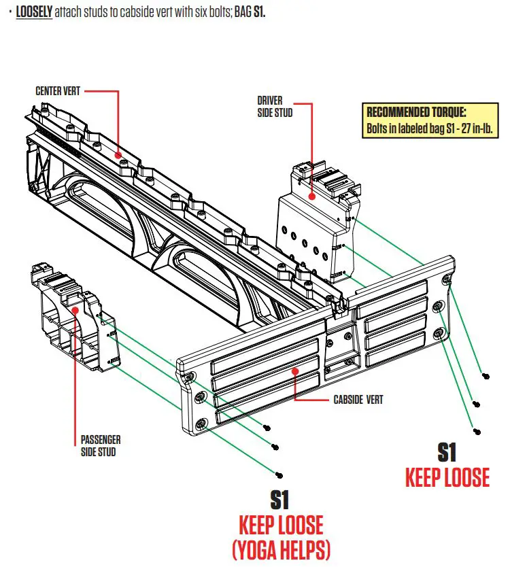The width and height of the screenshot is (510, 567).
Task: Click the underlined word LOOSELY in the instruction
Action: coord(35,13)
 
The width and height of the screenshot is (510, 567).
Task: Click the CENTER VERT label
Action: coord(58,90)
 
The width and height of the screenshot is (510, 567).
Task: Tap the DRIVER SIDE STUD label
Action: coord(275,107)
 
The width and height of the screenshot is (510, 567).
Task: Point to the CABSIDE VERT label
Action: coord(358,399)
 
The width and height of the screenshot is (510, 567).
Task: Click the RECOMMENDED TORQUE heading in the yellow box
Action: coord(416,112)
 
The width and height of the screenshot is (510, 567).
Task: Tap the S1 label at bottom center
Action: coord(280,500)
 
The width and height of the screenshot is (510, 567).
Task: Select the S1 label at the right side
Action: coord(446,452)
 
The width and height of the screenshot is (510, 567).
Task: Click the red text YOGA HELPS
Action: coord(280,548)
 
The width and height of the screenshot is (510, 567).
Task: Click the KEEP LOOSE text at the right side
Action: coord(447,478)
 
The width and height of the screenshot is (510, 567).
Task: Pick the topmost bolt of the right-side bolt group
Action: coord(485,376)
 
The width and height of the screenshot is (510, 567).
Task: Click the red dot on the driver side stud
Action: coord(312,196)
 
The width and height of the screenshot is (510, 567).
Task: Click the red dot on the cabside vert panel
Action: coord(296,371)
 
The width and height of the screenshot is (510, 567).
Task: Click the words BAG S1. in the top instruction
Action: coord(250,13)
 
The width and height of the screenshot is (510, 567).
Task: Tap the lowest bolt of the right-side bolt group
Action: coord(477,431)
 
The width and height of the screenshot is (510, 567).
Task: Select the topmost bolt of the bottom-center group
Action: coord(266,427)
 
